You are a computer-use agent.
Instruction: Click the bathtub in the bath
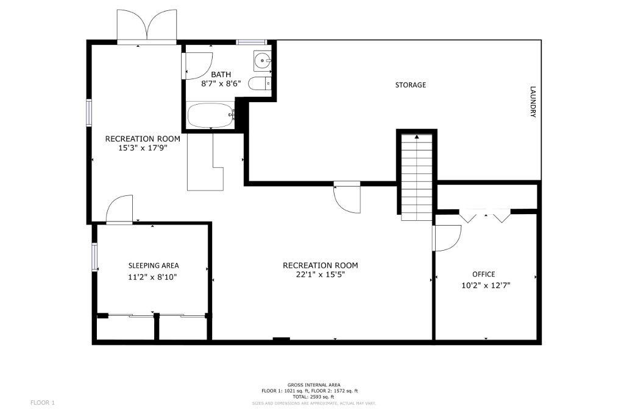coord(211,115)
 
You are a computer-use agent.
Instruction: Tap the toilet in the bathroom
coord(260,83)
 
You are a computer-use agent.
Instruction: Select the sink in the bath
coord(262,61)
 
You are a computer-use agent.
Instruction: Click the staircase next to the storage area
coord(417,177)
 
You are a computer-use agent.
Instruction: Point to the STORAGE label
coord(410,85)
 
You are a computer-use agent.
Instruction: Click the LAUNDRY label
coord(533,102)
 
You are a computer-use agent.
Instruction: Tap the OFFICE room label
coord(483,274)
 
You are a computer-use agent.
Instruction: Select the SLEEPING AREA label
coord(154,265)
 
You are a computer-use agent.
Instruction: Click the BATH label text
coord(221,74)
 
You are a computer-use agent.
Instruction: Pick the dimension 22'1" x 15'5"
coord(321,274)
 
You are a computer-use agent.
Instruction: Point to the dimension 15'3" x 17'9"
coord(143,148)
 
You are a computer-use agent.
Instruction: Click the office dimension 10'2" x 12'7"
coord(486,285)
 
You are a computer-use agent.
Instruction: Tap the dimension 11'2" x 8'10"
coord(152,277)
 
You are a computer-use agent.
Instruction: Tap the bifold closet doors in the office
coord(485,215)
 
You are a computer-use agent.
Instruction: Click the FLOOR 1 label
coord(43,403)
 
